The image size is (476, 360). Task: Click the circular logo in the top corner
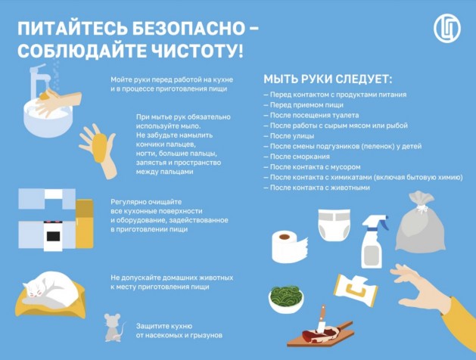pos(446,29)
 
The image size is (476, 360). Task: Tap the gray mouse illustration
pos(114,327)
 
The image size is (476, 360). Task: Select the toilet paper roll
pos(288,247)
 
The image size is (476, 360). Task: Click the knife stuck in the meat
pos(321,318)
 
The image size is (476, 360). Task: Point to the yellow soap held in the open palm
pos(100,147)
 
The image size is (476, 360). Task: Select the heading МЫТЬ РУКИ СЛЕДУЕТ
pos(328,79)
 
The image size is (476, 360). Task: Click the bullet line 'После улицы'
pos(288,136)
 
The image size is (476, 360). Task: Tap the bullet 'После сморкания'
pos(297,157)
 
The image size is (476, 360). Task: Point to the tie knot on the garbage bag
pos(421,208)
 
